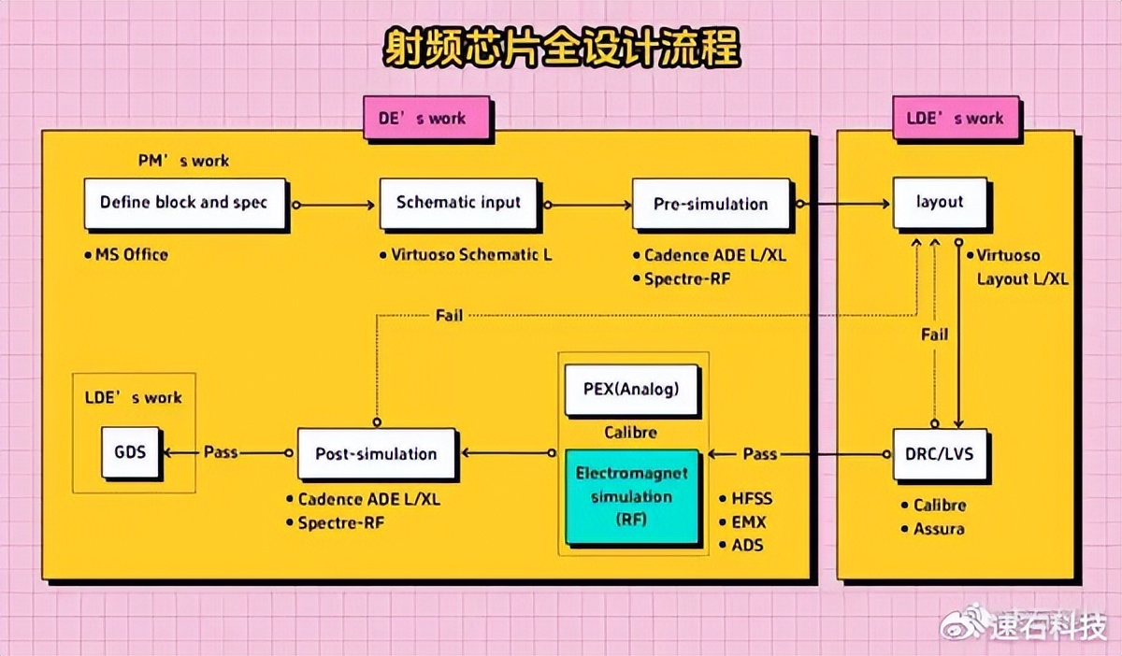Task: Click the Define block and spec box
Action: point(184,203)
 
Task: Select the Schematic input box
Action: point(458,203)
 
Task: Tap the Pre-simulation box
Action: point(711,204)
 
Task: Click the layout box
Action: point(940,202)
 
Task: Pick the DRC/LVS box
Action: point(940,453)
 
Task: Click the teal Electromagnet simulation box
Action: point(632,496)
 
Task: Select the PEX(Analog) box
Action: point(632,390)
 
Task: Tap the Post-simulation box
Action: point(376,454)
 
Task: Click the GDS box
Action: point(130,453)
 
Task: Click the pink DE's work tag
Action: point(427,119)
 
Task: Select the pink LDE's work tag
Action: point(955,119)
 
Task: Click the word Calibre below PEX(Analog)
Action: point(630,433)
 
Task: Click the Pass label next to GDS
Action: point(221,452)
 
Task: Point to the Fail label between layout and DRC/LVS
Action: point(934,335)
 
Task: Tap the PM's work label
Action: point(182,161)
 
